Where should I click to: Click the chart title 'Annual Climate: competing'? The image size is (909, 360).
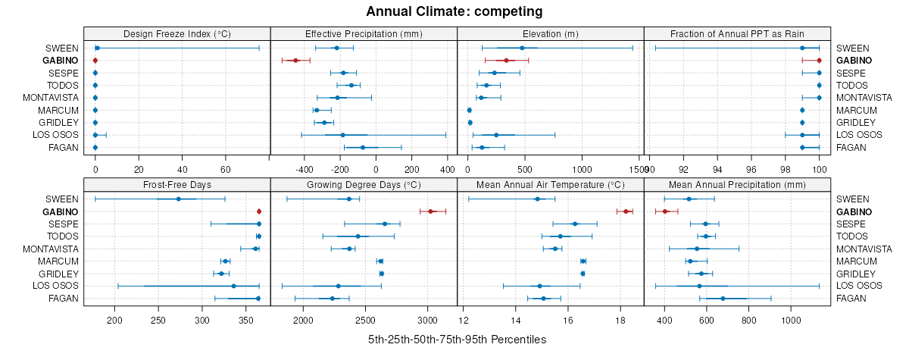coord(454,11)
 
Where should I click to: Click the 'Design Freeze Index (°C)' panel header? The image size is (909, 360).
coord(176,33)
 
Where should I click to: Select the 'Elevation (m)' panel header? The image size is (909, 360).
coord(551,33)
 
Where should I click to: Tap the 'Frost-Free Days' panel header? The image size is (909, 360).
coord(176,184)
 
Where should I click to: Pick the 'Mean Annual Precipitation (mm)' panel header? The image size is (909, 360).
coord(737,184)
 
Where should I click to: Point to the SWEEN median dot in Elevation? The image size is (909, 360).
coord(522,48)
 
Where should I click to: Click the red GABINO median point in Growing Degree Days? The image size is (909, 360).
coord(430,211)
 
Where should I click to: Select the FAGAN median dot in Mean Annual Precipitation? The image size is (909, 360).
coord(723,299)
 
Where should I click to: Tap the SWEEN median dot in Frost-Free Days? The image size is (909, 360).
coord(178,199)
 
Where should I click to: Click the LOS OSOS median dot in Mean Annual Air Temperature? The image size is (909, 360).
coord(539,286)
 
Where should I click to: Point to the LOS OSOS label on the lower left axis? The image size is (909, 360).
coord(55,286)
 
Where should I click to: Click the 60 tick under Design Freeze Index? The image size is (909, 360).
coord(226,161)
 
